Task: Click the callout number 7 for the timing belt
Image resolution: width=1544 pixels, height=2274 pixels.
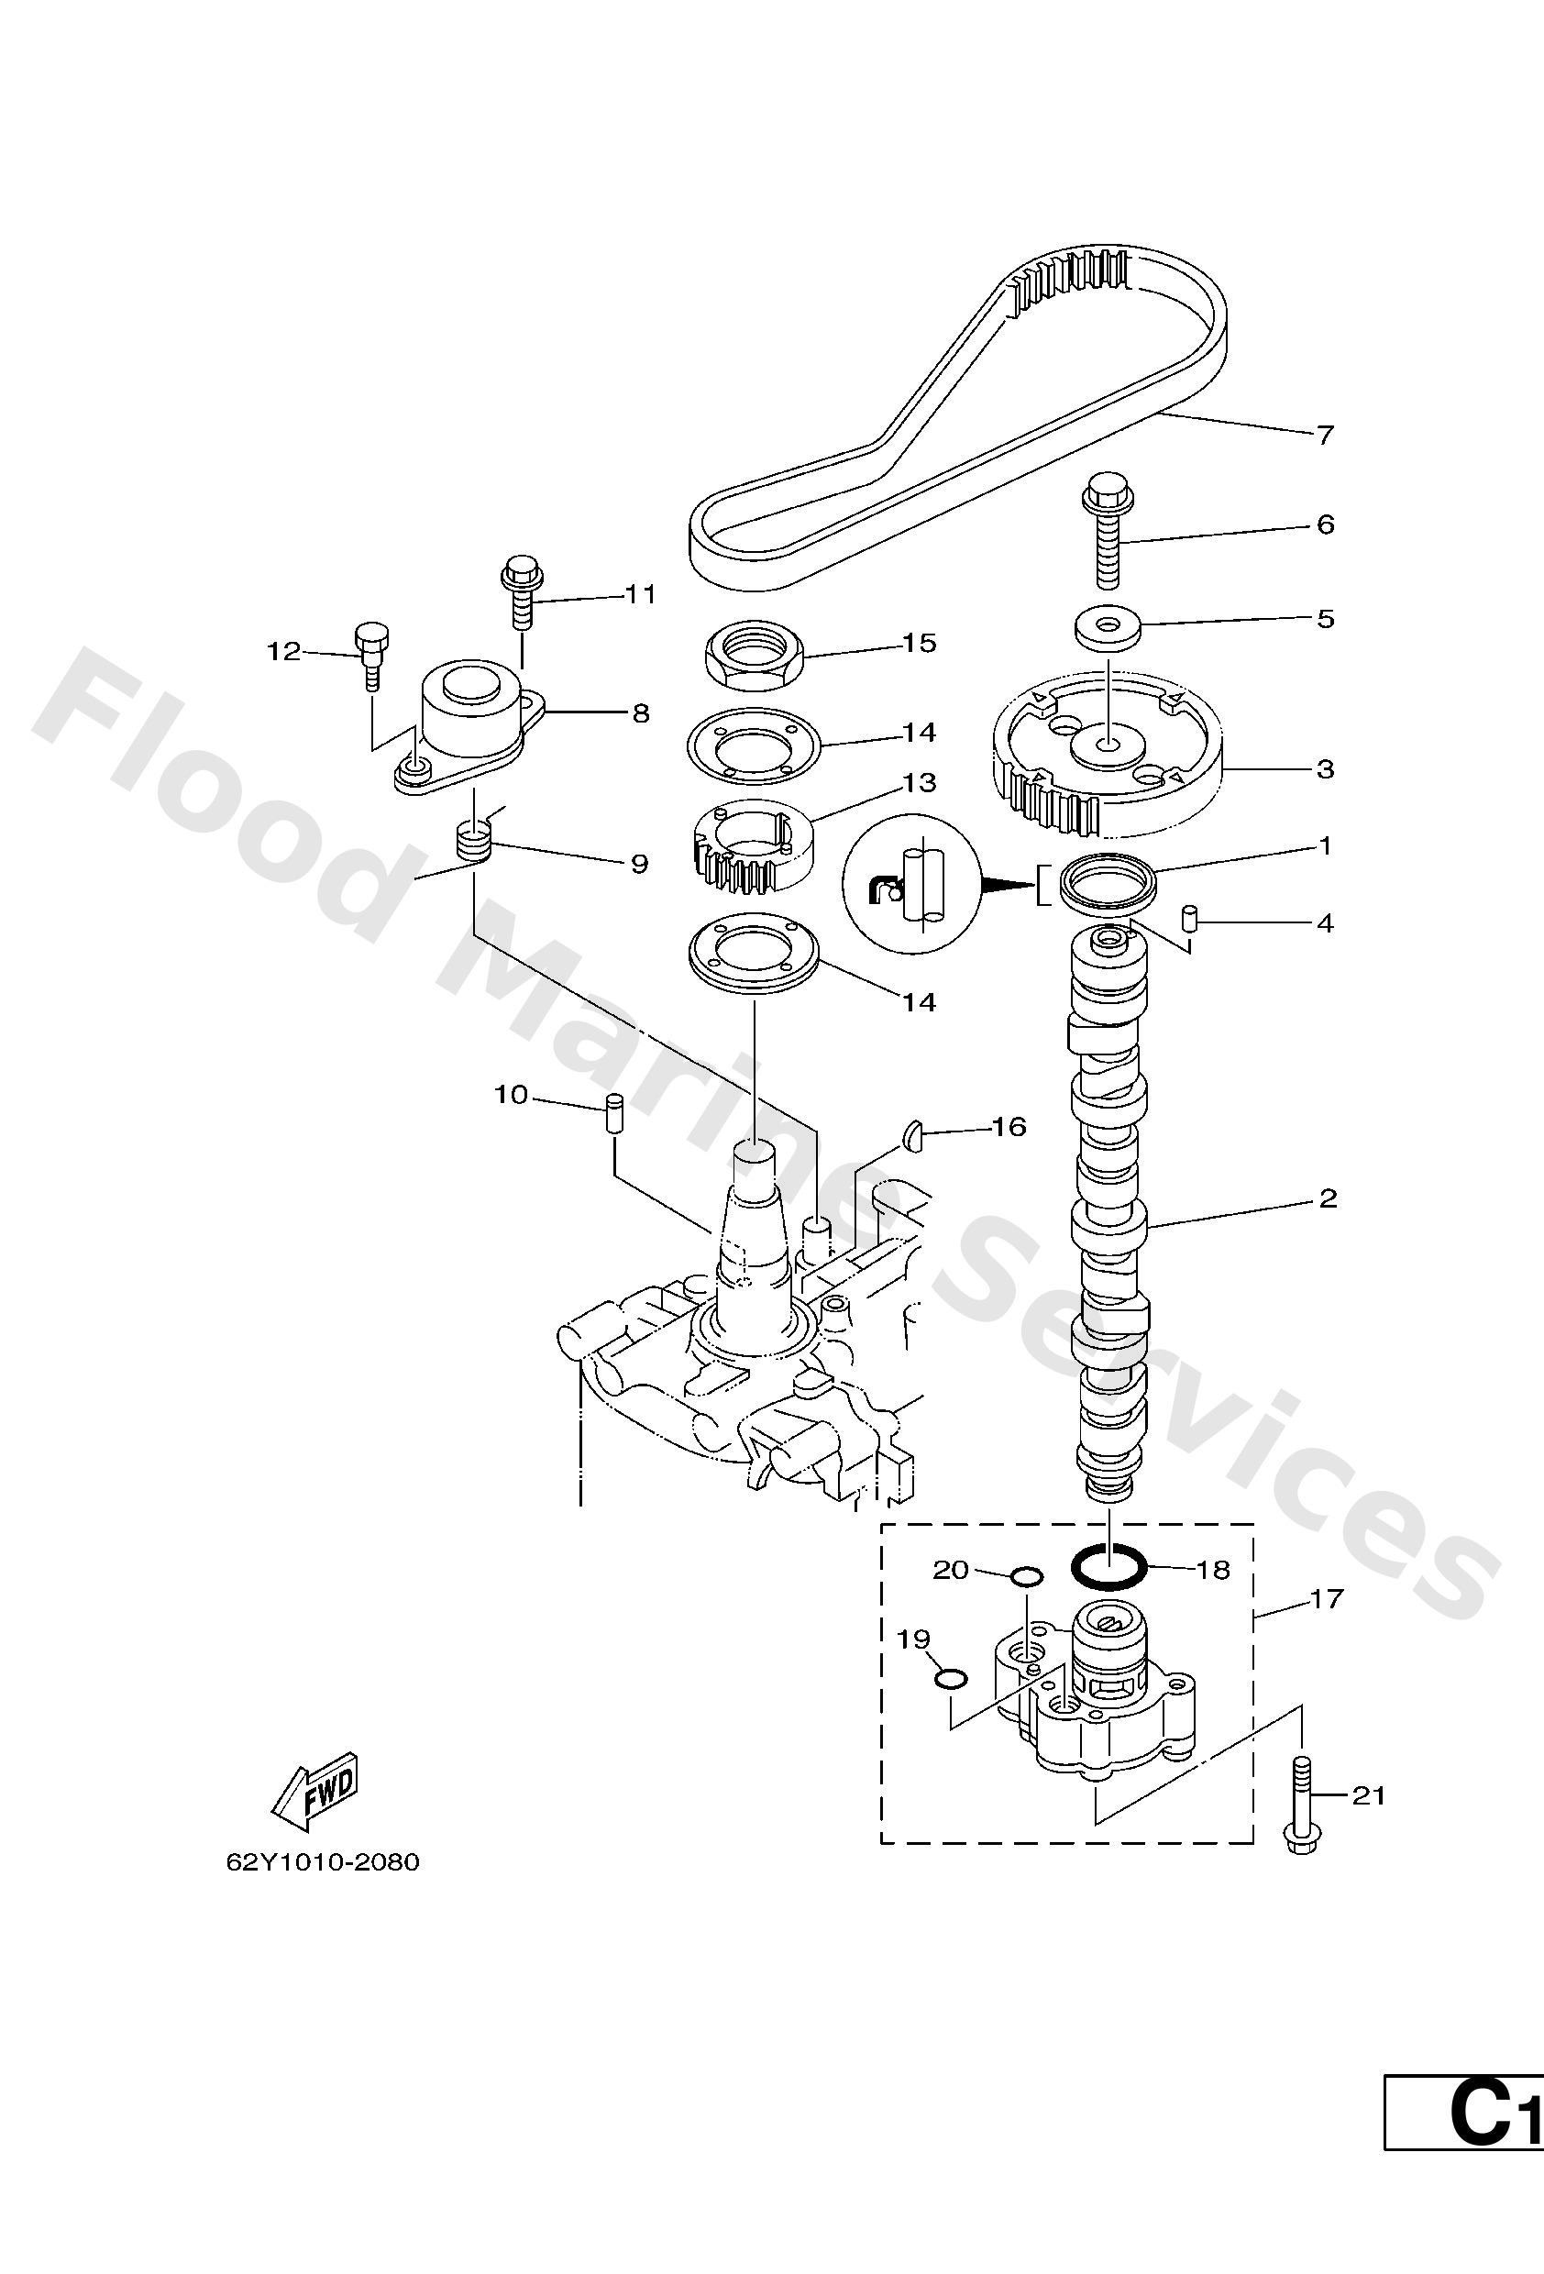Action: point(1325,435)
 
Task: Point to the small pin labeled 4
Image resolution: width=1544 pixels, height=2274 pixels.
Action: point(1191,919)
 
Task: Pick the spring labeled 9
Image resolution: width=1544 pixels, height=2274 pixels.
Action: point(472,843)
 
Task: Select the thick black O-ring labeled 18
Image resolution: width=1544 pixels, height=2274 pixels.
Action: point(1108,1570)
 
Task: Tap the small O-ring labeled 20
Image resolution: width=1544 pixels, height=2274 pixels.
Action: point(1026,1576)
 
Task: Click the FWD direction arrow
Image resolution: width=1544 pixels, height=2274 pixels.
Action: point(315,1790)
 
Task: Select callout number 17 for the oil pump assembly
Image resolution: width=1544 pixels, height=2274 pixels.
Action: point(1326,1599)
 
